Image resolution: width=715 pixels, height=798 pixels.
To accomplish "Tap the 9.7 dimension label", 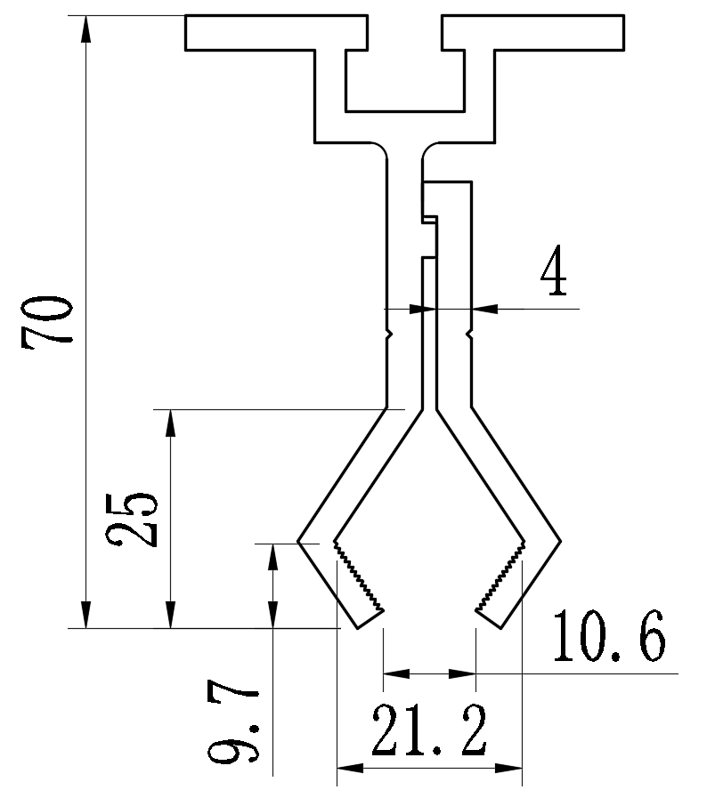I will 233,725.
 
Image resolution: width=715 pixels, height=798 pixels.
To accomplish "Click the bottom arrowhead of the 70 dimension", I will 86,615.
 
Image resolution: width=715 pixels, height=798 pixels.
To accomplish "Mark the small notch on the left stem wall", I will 390,335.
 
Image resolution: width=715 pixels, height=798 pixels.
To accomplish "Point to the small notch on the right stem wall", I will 468,335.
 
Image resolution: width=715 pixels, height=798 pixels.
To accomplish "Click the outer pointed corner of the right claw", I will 560,541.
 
